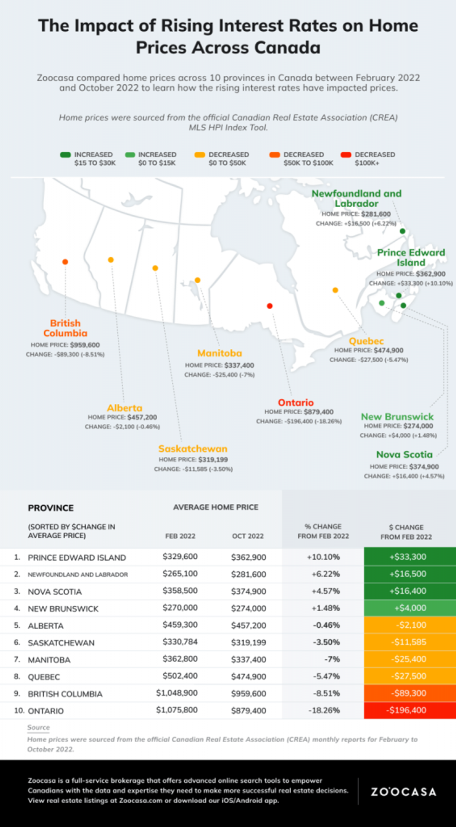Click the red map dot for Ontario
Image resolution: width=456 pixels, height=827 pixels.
(270, 306)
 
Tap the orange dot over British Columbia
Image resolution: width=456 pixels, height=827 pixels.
(65, 262)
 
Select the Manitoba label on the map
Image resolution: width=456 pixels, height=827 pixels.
(220, 353)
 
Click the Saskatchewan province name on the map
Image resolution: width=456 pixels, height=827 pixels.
(193, 448)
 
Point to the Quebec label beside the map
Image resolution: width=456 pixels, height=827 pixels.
(366, 341)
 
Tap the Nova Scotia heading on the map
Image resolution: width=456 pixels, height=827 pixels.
(404, 454)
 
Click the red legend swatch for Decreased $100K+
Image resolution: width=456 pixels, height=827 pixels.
(346, 155)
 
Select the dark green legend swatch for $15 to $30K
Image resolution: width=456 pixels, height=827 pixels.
(65, 155)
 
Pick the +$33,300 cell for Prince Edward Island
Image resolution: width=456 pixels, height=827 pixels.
(408, 557)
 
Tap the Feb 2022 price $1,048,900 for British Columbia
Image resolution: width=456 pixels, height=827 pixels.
(177, 693)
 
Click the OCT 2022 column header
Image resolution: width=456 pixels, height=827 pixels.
(248, 536)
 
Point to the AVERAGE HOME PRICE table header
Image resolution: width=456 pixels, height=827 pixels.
(215, 507)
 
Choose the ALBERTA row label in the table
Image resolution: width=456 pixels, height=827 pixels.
(46, 626)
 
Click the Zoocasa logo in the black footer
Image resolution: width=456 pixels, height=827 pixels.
(403, 792)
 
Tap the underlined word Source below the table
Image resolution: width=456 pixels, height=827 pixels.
(38, 727)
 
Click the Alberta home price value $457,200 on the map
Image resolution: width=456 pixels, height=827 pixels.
(142, 417)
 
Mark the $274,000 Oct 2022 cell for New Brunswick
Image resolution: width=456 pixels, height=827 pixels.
(248, 608)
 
